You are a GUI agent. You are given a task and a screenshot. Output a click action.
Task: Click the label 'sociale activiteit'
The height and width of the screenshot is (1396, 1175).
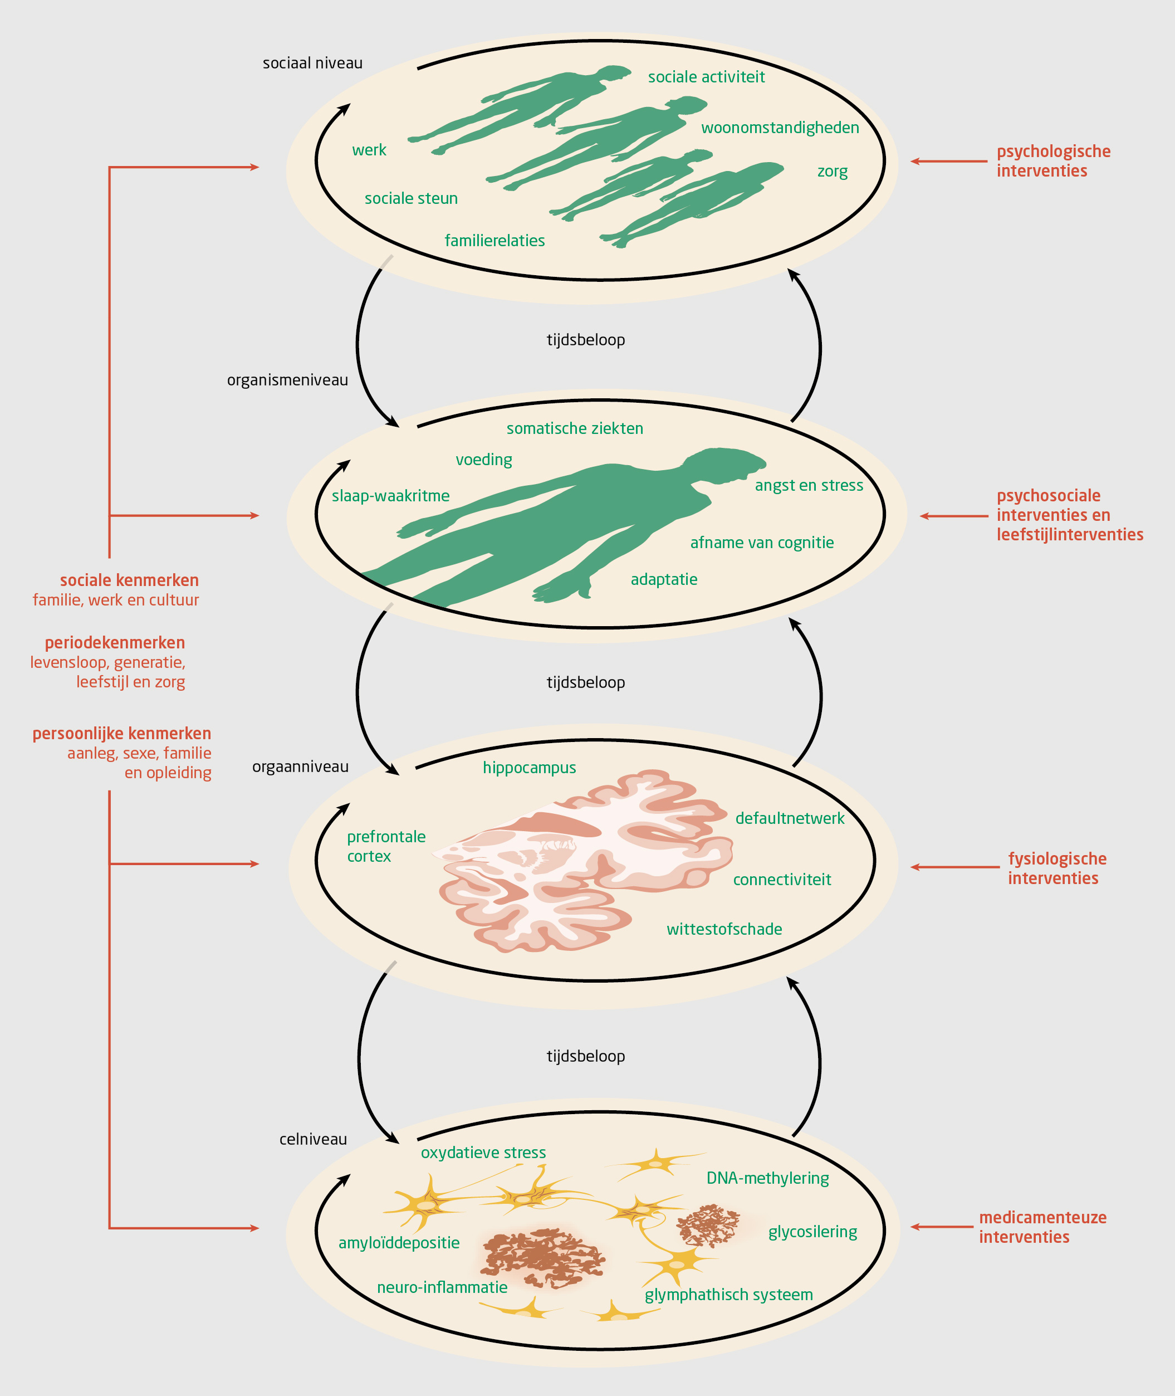click(706, 77)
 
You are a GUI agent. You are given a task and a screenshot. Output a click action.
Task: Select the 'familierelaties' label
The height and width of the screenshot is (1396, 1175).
click(495, 241)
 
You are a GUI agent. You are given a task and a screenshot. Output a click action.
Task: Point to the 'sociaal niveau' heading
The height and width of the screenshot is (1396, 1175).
click(312, 64)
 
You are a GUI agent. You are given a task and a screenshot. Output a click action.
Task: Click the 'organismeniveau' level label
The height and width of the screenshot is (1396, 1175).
click(287, 380)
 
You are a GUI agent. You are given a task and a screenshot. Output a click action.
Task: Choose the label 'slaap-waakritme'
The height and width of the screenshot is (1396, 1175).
click(390, 496)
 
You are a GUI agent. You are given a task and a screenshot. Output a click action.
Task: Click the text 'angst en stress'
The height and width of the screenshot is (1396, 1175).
click(809, 486)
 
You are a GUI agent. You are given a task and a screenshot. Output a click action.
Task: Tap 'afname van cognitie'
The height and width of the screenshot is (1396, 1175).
click(761, 543)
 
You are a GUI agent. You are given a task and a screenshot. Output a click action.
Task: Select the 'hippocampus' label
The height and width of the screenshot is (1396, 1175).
click(529, 768)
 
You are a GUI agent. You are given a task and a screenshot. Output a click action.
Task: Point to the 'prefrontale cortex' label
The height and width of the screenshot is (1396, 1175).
click(386, 846)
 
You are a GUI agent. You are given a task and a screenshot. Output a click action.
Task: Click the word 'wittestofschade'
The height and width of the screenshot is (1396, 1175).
click(724, 929)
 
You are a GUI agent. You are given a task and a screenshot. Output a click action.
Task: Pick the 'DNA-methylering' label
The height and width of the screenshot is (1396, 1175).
click(767, 1178)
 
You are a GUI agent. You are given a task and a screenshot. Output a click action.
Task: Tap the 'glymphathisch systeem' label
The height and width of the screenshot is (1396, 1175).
click(728, 1295)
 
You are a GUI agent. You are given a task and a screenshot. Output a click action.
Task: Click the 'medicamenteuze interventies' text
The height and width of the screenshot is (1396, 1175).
click(1042, 1227)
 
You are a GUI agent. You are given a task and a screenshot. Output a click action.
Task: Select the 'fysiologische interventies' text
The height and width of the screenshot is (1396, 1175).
click(1056, 868)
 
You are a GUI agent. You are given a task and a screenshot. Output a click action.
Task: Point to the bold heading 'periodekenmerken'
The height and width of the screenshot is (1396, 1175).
click(115, 643)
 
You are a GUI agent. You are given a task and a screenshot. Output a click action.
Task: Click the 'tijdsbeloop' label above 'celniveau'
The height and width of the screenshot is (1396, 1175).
click(585, 1056)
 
